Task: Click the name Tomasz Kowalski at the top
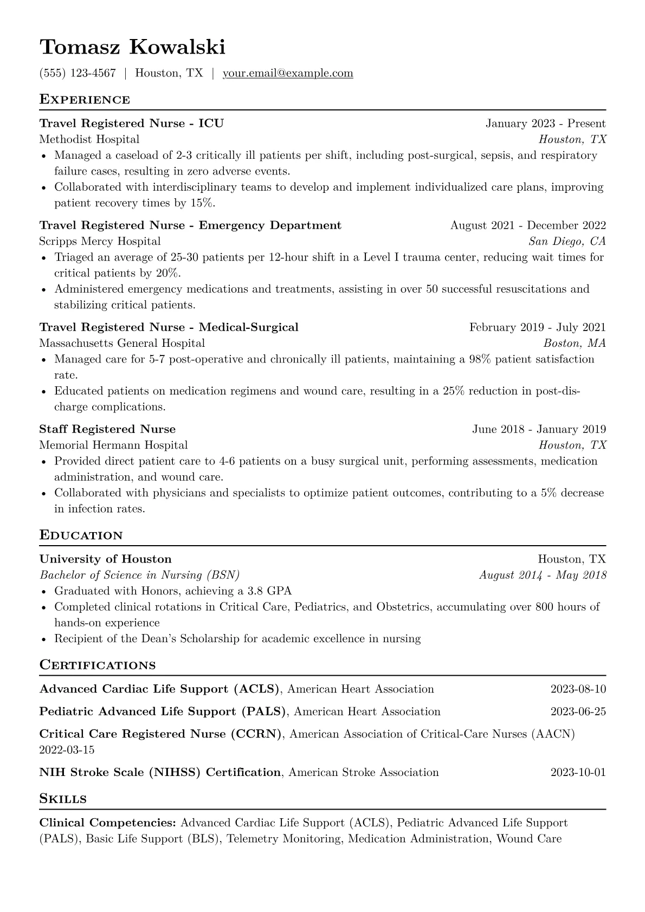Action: [132, 47]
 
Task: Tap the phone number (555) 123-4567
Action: [78, 73]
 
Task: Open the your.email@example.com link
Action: [288, 73]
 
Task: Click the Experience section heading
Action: [85, 100]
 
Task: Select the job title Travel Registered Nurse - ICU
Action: [131, 124]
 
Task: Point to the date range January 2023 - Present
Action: [545, 124]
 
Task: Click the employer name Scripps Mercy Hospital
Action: [100, 241]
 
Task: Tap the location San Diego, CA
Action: [567, 241]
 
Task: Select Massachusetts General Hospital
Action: [122, 343]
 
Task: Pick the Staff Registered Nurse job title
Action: [107, 429]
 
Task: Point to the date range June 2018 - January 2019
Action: [539, 429]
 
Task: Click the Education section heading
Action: [81, 535]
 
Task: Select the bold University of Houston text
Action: [105, 559]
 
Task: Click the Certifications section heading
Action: [98, 665]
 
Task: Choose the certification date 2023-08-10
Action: [578, 689]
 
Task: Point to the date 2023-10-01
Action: [578, 773]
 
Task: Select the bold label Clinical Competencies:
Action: [107, 823]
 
